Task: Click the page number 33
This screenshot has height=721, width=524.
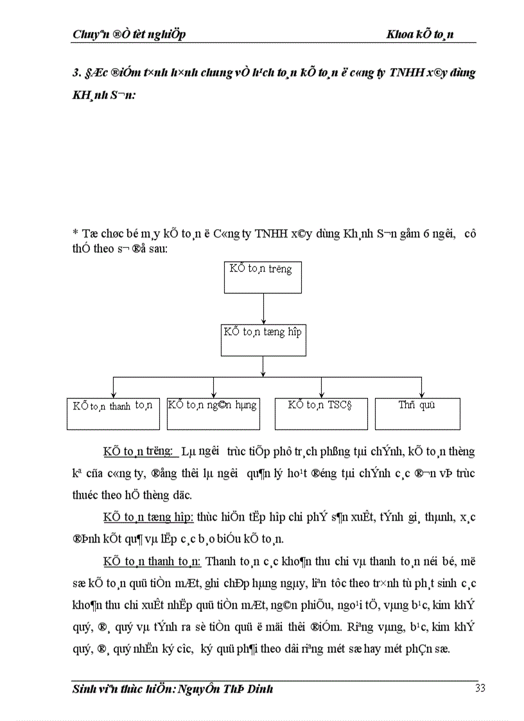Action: tap(480, 689)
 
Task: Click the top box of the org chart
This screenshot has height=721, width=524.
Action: tap(263, 277)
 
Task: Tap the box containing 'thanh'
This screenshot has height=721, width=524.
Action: tap(113, 414)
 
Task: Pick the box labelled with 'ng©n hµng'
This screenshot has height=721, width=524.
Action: tap(213, 414)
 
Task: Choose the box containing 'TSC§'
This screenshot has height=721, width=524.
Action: tap(321, 414)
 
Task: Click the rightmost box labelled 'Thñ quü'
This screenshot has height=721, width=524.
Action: tap(417, 414)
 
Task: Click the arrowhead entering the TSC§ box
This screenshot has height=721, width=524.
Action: tap(321, 395)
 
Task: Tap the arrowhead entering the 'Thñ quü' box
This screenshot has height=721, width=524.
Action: tap(421, 395)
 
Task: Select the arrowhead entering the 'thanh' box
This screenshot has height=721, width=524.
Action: tap(113, 395)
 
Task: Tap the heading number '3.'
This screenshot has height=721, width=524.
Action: tap(76, 73)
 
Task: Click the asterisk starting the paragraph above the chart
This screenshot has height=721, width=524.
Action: tap(75, 235)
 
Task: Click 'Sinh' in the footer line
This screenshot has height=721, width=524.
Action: tap(83, 689)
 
